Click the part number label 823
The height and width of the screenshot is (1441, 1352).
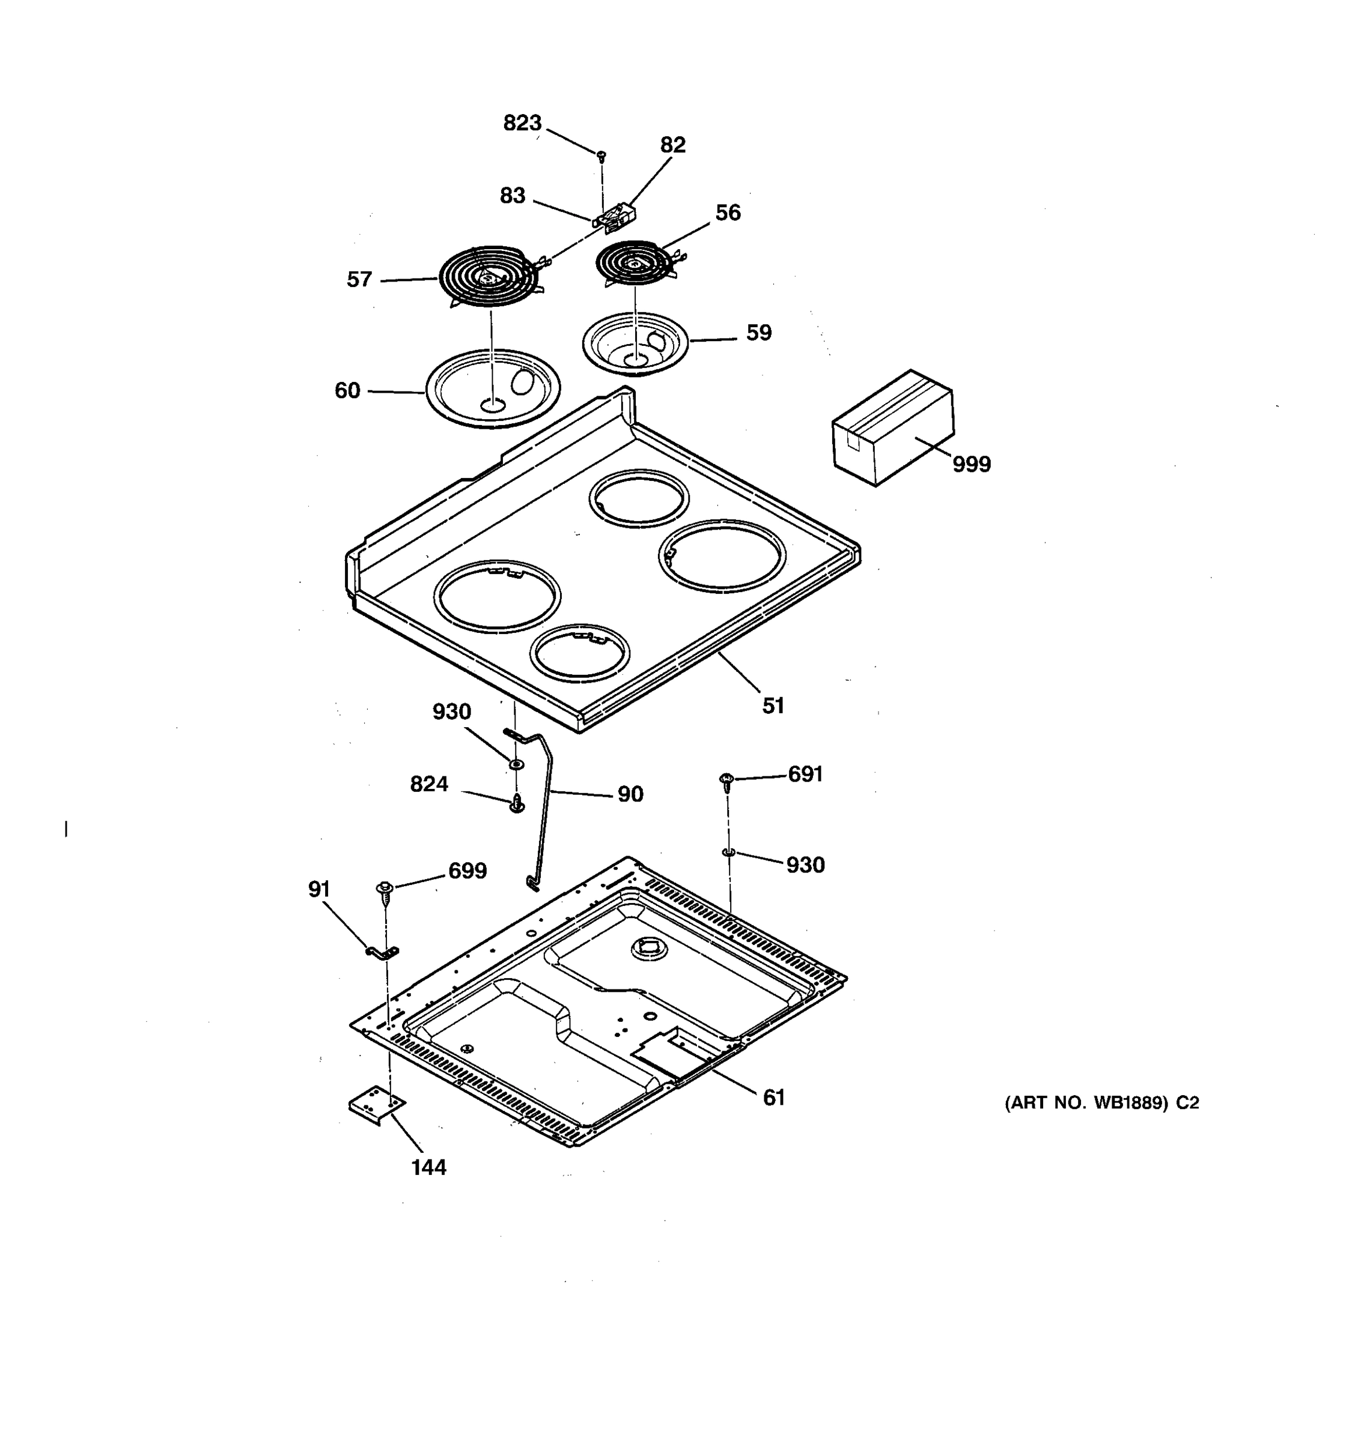pos(522,123)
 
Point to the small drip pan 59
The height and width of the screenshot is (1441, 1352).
pos(635,343)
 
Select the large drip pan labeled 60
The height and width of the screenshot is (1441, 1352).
pos(493,388)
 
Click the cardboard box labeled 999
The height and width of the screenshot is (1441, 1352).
pos(892,427)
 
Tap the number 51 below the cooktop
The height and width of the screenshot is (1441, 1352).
pos(773,705)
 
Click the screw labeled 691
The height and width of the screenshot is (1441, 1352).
pos(726,781)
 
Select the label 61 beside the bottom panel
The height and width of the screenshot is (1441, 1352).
pos(774,1098)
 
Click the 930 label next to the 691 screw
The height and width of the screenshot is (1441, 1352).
pos(805,865)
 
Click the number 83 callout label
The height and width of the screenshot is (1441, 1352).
pos(512,196)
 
